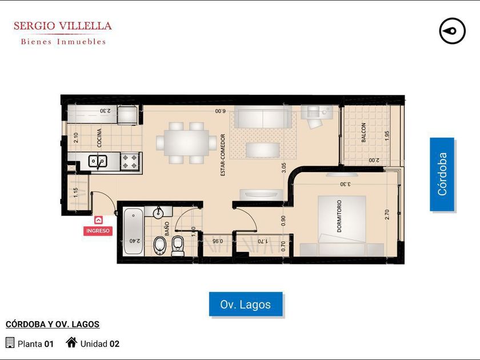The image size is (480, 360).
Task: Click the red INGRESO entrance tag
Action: tap(98, 231)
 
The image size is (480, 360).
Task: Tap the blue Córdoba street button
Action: tap(442, 174)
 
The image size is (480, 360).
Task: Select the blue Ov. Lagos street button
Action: tap(246, 304)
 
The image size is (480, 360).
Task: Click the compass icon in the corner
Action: tap(452, 31)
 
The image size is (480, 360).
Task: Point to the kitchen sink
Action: tap(98, 161)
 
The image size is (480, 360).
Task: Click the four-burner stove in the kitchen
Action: tap(130, 161)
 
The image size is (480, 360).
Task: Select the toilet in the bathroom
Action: tap(178, 246)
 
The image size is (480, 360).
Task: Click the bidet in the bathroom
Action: tap(159, 246)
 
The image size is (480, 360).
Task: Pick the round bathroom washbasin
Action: tap(158, 213)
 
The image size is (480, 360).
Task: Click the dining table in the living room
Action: tap(186, 143)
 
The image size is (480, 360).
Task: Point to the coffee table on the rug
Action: tap(263, 150)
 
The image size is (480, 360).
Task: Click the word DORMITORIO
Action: tap(339, 216)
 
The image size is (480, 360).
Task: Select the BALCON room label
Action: tap(363, 133)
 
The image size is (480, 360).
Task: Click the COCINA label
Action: tap(99, 138)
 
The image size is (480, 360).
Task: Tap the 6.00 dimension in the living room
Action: tap(220, 111)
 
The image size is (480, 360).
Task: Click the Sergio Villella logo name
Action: tap(63, 26)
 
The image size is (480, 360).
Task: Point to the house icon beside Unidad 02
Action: tap(71, 342)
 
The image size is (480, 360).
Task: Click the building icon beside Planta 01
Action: tap(10, 342)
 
